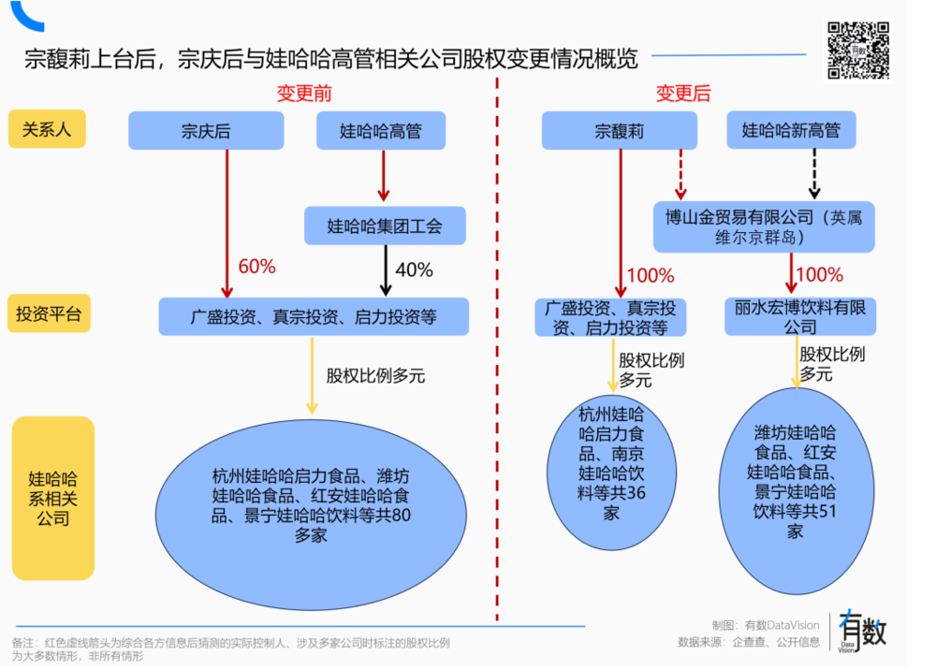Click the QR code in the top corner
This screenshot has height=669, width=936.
tap(858, 50)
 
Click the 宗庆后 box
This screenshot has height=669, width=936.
tap(206, 131)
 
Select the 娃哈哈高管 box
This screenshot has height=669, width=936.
tap(381, 131)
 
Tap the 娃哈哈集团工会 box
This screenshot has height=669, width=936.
tap(384, 225)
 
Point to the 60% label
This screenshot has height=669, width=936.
tap(257, 267)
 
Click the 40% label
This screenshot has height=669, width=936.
tap(414, 270)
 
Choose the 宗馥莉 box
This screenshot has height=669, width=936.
tap(620, 131)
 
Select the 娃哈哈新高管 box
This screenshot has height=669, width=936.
tap(791, 131)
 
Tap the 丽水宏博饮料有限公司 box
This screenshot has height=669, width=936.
tap(799, 317)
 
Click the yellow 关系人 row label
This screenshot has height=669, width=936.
tap(47, 129)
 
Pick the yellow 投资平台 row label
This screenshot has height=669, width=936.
tap(48, 314)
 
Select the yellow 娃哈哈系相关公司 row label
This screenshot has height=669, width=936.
tap(53, 498)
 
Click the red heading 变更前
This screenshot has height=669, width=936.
tap(303, 94)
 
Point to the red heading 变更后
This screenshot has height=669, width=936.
tap(682, 94)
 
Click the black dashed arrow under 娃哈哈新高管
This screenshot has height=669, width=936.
tap(813, 174)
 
